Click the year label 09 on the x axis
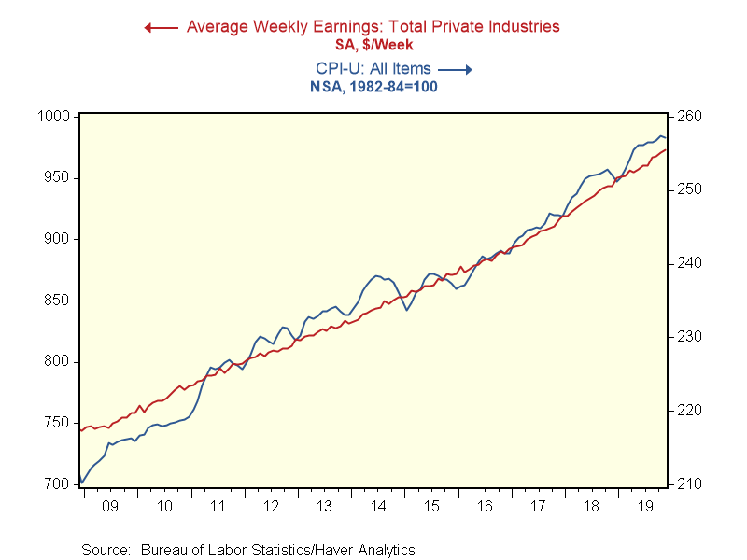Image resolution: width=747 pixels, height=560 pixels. click(x=109, y=506)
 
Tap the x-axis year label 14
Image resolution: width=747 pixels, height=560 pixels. click(x=378, y=506)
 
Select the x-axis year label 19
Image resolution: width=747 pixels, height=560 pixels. click(x=645, y=506)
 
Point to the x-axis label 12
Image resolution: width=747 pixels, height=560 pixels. click(x=271, y=506)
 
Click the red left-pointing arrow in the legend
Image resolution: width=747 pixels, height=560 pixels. click(x=160, y=27)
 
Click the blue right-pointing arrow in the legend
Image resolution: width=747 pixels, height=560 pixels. click(x=456, y=68)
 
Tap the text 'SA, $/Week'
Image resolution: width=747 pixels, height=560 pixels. click(x=373, y=44)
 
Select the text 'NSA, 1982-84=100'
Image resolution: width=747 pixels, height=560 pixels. click(x=373, y=86)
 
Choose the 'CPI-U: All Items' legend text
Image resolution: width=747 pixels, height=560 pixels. click(x=373, y=68)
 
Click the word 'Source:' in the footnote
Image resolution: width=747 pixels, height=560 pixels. click(x=106, y=550)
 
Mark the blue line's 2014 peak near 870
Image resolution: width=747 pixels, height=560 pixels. click(x=376, y=276)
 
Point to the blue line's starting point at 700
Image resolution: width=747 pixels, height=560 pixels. click(x=81, y=483)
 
